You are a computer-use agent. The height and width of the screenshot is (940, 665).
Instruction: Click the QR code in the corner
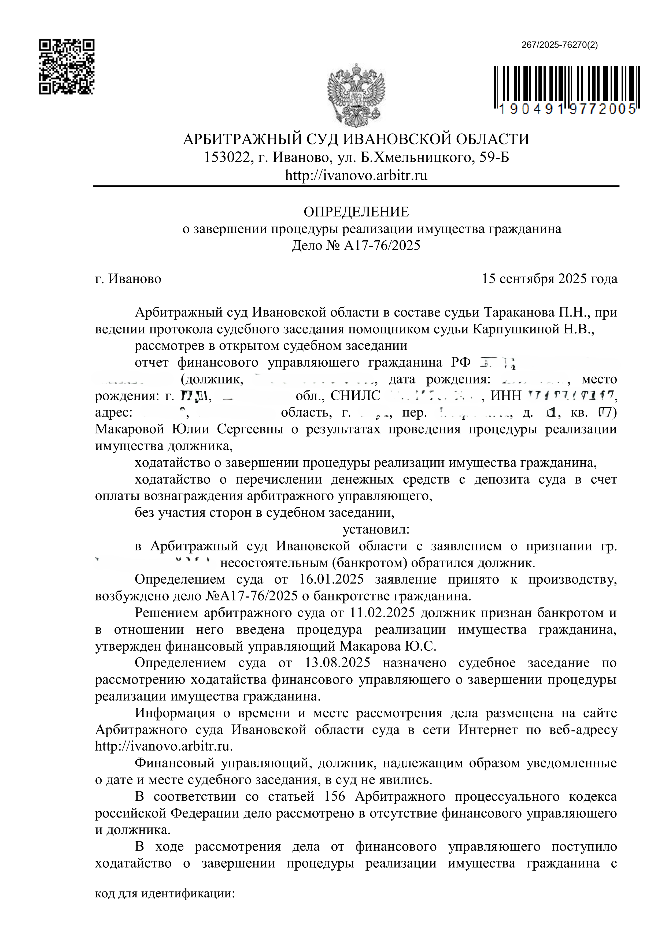[x=66, y=67]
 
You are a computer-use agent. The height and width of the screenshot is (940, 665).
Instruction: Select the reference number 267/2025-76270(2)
[x=559, y=46]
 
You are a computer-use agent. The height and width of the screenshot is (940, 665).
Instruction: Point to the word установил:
[x=376, y=530]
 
